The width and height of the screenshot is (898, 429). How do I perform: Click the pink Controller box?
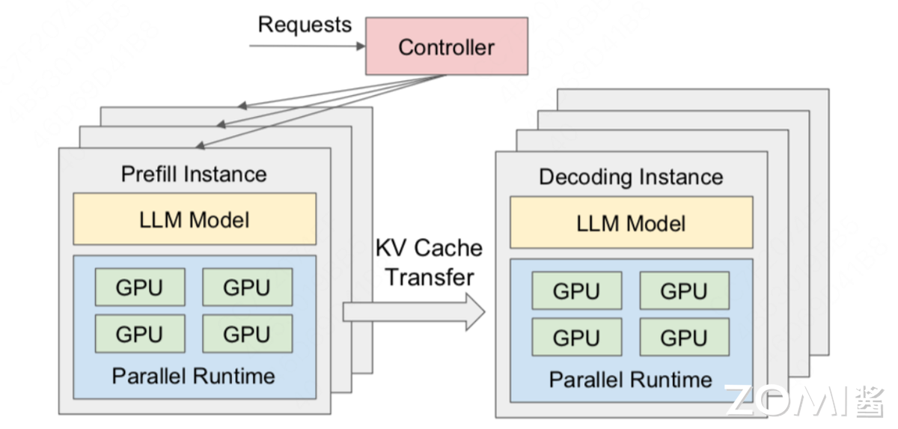[446, 46]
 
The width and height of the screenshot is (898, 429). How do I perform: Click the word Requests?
[305, 24]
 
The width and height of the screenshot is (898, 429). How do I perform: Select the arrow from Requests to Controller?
[307, 46]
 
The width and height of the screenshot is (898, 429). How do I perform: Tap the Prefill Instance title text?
[194, 174]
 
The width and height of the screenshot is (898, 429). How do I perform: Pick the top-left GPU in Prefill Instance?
[140, 287]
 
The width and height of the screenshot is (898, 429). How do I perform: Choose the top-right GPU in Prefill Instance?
[247, 287]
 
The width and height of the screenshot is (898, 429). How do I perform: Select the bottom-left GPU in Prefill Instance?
[140, 333]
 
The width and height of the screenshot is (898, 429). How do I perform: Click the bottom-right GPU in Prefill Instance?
[247, 333]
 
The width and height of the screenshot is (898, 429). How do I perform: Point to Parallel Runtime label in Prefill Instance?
[194, 375]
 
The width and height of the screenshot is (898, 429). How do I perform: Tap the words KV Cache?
[429, 248]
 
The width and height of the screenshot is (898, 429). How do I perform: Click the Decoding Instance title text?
[631, 177]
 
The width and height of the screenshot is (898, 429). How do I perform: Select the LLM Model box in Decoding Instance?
[631, 222]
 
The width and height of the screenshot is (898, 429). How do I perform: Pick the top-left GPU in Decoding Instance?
[577, 291]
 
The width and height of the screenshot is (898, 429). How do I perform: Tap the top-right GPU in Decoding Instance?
[684, 291]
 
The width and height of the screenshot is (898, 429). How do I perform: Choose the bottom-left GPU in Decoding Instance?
[577, 337]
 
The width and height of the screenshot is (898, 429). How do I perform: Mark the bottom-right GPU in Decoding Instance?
[684, 337]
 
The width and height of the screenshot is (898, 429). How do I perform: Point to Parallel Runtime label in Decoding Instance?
[631, 379]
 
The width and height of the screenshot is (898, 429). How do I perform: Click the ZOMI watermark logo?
[804, 401]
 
